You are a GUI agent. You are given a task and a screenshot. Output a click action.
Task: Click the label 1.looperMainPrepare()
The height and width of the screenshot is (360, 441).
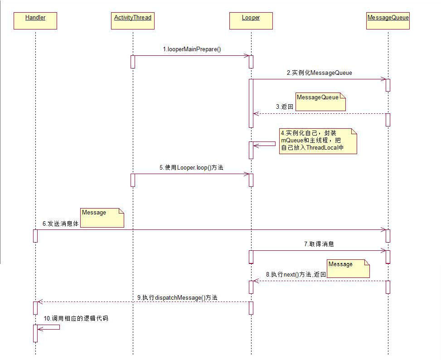pos(192,49)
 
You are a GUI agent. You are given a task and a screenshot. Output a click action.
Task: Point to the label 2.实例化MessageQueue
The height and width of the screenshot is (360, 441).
pos(319,73)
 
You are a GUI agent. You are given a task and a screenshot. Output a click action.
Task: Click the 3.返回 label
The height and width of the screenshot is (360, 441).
pos(285,107)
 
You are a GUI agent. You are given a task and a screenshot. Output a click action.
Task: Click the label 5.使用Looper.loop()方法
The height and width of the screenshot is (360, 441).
pos(191,167)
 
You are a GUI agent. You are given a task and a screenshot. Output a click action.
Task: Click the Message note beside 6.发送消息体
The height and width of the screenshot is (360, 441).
pos(102,218)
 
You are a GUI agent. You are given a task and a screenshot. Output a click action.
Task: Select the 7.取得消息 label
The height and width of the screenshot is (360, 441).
pos(319,244)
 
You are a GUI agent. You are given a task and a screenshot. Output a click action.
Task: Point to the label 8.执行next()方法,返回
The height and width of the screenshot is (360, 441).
pos(296,274)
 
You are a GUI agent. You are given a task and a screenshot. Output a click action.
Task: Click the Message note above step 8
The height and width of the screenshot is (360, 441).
pos(348,268)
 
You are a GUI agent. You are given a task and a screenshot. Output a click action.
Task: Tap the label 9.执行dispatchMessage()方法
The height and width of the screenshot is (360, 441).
pos(177,297)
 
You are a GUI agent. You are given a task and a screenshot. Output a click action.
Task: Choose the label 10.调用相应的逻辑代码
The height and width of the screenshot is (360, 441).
pos(76,318)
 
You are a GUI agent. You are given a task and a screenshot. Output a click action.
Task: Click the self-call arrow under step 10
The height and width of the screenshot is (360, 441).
pos(50,327)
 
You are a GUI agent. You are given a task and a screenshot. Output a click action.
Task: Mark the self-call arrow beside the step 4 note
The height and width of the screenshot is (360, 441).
pos(266,145)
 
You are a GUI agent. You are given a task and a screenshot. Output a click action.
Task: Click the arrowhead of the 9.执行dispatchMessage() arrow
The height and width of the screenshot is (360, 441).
pos(39,302)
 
